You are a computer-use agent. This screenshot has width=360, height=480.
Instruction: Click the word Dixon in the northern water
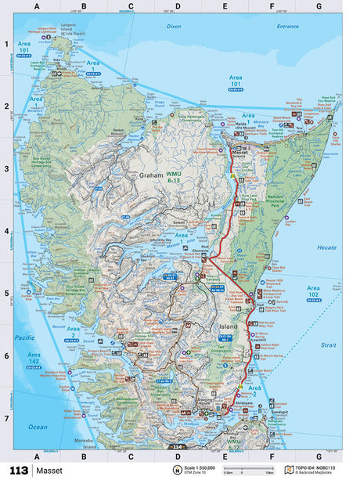174,26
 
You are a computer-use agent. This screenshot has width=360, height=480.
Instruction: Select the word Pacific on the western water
26,337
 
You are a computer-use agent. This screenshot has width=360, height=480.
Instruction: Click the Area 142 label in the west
34,359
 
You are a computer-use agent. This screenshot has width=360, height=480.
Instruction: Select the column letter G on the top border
318,7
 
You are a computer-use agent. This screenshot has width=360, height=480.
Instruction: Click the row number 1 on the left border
6,44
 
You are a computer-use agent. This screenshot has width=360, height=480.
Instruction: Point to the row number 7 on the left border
6,417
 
